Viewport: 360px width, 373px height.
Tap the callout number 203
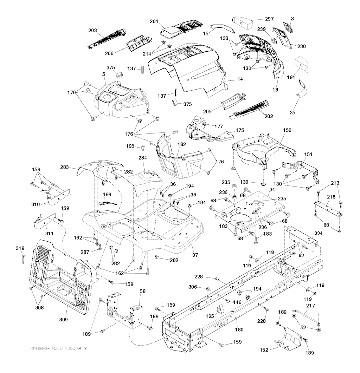(92, 31)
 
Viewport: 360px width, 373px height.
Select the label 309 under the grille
(64, 320)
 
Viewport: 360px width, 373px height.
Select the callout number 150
(287, 130)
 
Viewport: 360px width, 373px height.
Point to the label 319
(20, 248)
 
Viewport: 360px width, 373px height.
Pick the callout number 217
(310, 306)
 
